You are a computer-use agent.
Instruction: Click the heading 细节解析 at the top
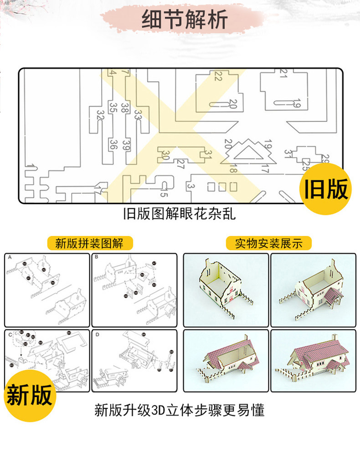click(184, 21)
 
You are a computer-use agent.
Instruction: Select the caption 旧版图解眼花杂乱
click(180, 213)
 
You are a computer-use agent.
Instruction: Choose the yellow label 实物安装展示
click(269, 243)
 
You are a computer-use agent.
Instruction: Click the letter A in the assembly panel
click(10, 258)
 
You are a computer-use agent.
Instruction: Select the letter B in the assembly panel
click(97, 258)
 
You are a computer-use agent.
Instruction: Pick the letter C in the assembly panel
click(10, 334)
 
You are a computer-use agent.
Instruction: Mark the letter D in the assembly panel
click(97, 334)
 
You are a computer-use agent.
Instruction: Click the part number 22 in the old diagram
click(218, 77)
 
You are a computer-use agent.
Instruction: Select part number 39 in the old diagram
click(126, 145)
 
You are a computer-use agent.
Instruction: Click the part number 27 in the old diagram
click(180, 163)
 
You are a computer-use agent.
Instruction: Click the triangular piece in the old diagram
click(249, 153)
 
